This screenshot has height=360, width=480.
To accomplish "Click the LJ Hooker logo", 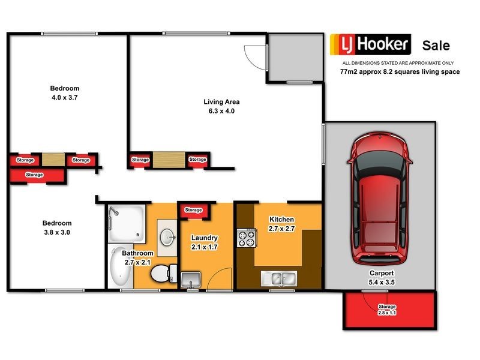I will coord(370,44).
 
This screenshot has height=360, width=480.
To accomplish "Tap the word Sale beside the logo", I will coord(436,46).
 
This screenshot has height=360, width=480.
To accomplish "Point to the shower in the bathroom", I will coord(125,223).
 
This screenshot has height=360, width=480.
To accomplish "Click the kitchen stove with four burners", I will coord(245,238).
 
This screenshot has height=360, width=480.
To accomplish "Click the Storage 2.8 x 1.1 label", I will coord(387,310).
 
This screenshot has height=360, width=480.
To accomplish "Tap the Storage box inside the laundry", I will coord(193,210).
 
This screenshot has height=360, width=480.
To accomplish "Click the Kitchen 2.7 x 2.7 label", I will coord(281,224).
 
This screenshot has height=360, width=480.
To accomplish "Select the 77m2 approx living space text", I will coord(400,71).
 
